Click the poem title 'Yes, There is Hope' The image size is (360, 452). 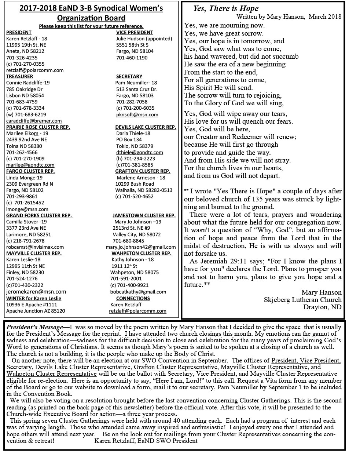pos(226,8)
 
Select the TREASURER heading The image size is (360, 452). pos(19,76)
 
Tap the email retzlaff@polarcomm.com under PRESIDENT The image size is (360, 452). pos(35,70)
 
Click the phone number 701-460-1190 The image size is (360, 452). pos(132,58)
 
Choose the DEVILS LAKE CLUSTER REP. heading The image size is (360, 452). pos(146,127)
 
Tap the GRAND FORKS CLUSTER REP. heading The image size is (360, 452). pos(39,215)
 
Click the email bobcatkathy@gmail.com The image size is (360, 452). pos(138,292)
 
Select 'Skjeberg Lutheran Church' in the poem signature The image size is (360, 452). pos(302,300)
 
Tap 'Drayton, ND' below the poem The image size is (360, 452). pos(322,307)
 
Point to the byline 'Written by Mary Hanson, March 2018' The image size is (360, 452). pos(289,17)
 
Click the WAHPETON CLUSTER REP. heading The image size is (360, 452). pos(142,253)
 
